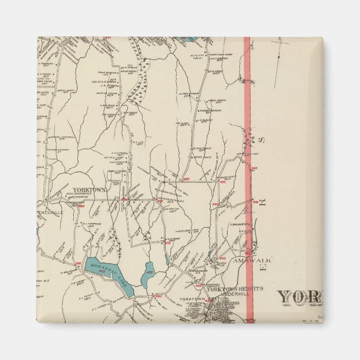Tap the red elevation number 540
tap(254, 168)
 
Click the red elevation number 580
tap(186, 179)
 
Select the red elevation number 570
tap(167, 243)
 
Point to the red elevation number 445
tap(222, 258)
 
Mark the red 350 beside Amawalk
tap(248, 253)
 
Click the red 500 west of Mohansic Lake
tap(78, 263)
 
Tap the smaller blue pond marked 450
tap(149, 273)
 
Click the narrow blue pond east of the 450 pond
tap(167, 258)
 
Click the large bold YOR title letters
tap(300, 296)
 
